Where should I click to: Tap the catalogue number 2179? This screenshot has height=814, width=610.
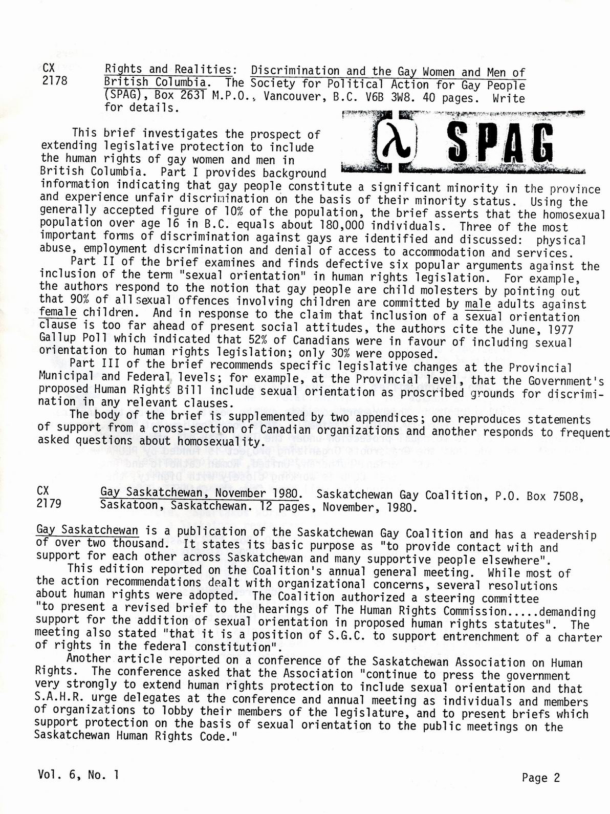49,503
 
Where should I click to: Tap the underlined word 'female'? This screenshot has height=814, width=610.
57,311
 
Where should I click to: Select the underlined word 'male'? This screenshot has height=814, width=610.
478,304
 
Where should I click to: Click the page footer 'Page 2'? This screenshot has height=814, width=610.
540,778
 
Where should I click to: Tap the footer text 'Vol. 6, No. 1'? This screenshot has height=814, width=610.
78,775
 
